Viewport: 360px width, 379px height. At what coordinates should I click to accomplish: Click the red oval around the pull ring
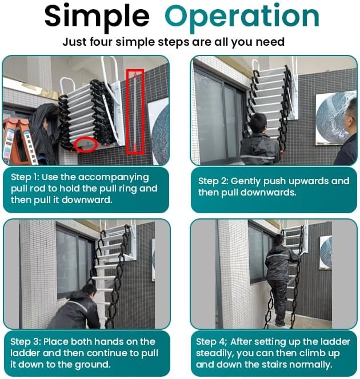[x=85, y=143]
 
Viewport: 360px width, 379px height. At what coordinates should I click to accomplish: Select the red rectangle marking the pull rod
[x=135, y=111]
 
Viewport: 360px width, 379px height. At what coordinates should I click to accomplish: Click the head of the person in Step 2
[x=258, y=122]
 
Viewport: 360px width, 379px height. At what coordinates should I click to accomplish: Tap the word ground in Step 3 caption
[x=92, y=365]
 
